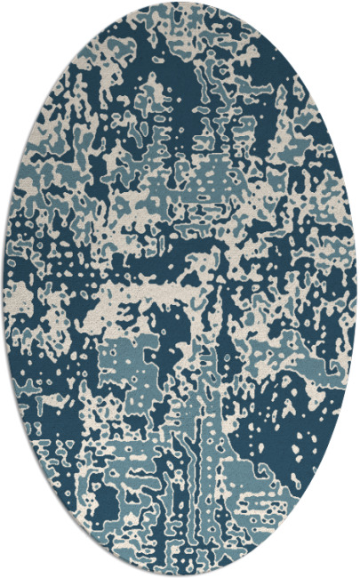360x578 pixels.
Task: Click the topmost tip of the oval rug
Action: click(x=180, y=3)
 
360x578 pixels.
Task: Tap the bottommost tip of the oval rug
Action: click(x=180, y=574)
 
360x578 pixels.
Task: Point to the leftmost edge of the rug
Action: click(x=4, y=289)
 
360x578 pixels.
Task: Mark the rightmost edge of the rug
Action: click(x=356, y=289)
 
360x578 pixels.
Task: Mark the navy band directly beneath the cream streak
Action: click(x=178, y=311)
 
